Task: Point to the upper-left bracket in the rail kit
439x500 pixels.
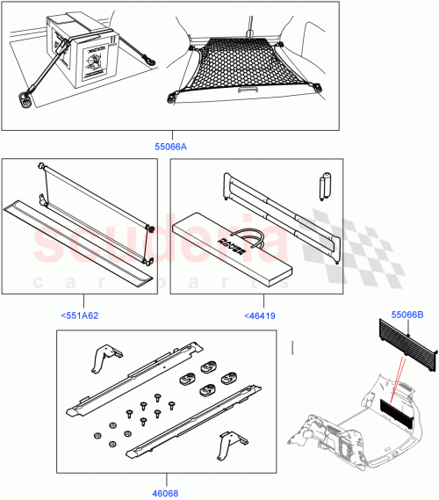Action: click(x=103, y=356)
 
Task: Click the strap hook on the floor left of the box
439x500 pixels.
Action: click(x=25, y=100)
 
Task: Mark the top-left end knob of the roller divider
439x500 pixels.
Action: click(x=42, y=165)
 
